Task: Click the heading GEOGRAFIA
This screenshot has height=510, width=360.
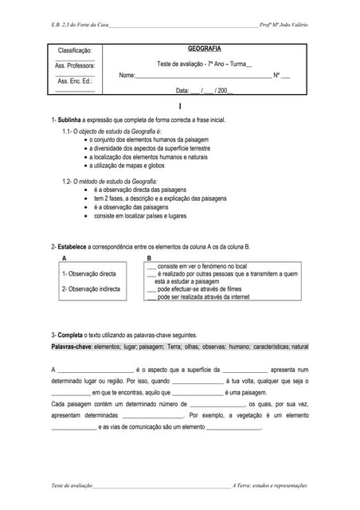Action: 205,49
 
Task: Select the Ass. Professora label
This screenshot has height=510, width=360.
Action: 75,66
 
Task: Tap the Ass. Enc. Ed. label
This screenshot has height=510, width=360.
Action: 75,81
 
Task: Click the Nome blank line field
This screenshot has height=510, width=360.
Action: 203,76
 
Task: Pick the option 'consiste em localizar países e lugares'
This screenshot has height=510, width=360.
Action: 140,215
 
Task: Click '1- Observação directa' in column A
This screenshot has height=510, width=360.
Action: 89,274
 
